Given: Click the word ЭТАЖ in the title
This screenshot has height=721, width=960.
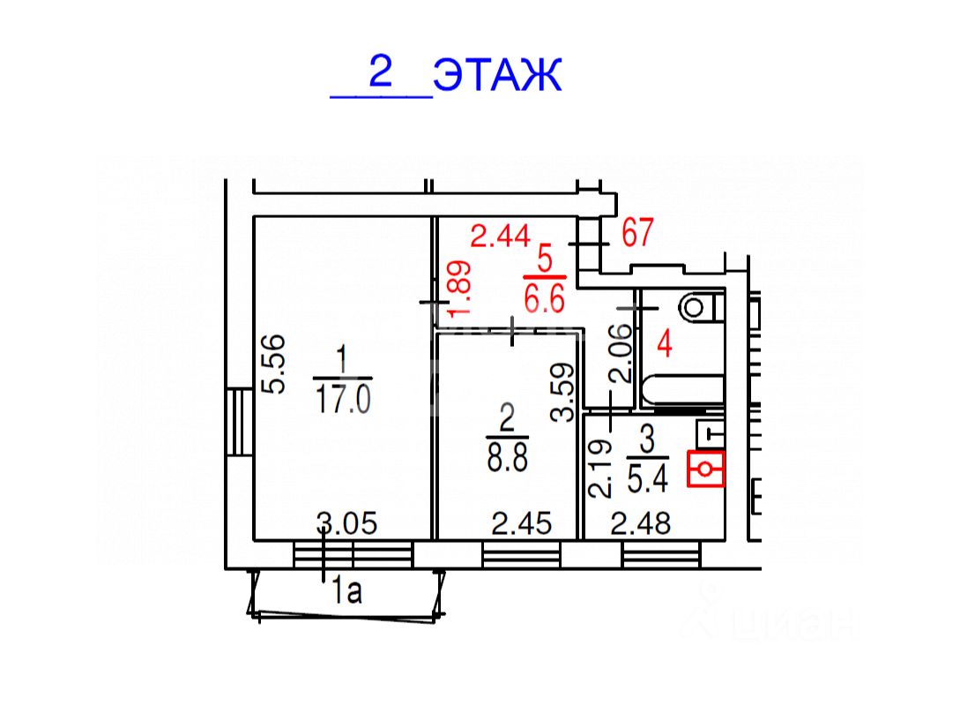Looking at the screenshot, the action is click(497, 75).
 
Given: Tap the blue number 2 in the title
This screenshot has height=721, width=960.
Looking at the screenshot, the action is click(380, 71).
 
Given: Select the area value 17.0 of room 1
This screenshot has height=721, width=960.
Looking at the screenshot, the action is click(343, 400).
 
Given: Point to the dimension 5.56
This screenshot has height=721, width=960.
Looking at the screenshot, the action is click(272, 364).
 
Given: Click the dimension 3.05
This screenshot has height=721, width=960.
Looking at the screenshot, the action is click(346, 523).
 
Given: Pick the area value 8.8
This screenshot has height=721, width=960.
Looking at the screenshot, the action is click(508, 457).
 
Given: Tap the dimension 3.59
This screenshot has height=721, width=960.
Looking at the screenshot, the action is click(562, 393).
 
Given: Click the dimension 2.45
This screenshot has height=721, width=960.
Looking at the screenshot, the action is click(522, 524).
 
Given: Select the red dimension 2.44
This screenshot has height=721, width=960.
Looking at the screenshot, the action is click(500, 236).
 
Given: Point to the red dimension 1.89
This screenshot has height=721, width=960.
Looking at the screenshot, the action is click(460, 289).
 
